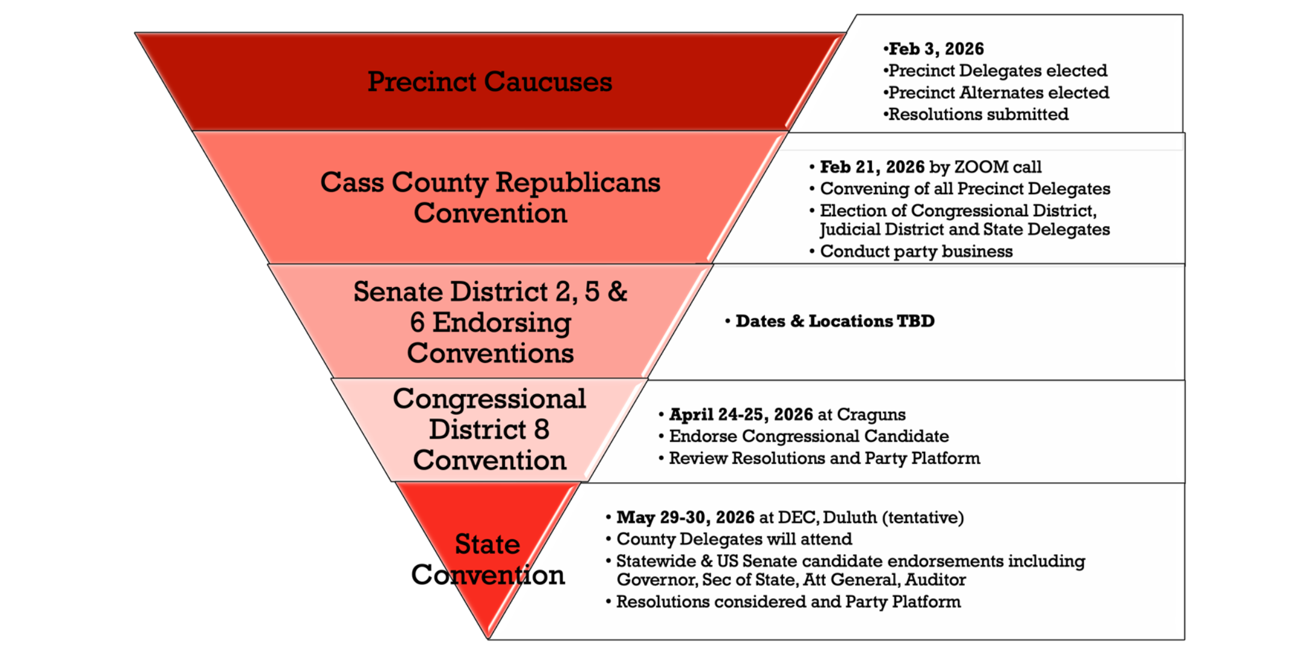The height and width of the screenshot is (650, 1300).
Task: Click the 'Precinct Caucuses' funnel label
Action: [x=490, y=82]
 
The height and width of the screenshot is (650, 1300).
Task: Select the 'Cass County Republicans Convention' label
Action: [x=490, y=197]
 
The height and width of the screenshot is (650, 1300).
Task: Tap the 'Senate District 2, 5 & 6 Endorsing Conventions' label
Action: [x=490, y=322]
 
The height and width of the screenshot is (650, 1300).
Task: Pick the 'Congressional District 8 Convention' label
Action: [x=489, y=429]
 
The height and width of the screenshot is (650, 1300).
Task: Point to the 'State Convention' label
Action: [x=488, y=559]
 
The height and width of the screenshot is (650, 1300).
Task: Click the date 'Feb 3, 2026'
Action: [x=936, y=49]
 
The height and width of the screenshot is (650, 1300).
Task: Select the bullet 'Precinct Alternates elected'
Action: [x=999, y=93]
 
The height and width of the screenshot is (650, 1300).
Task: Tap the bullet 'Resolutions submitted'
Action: [x=979, y=114]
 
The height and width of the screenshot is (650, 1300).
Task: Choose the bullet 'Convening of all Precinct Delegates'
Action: [x=965, y=189]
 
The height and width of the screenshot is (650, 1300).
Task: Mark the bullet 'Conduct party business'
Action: [x=917, y=252]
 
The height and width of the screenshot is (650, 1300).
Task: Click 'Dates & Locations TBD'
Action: [x=835, y=321]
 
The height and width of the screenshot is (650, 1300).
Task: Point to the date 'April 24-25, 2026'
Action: [x=741, y=415]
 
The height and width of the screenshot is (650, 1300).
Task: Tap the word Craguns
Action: [x=871, y=415]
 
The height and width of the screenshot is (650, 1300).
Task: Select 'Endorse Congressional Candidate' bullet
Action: [x=809, y=436]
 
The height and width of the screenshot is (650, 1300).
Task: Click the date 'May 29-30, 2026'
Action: [x=686, y=518]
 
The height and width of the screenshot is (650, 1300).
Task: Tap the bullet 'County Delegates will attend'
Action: [x=734, y=539]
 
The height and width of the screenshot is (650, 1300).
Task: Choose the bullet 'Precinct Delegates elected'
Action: [x=998, y=71]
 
